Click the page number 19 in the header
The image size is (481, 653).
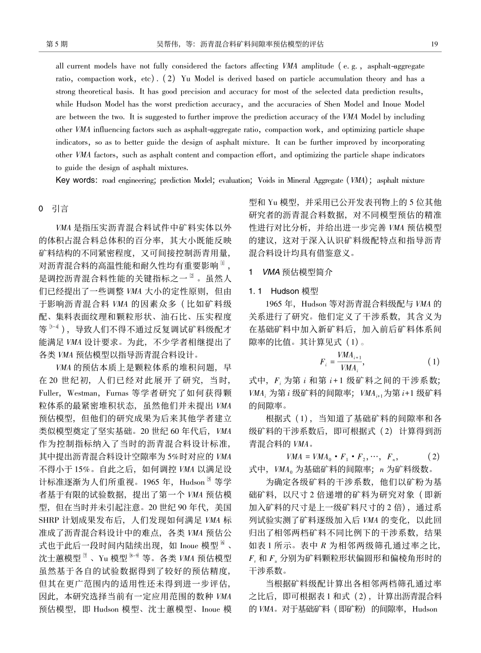[434, 44]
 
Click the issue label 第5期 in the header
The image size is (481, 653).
[57, 44]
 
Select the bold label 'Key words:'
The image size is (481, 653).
[77, 180]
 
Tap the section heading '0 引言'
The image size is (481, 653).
[54, 209]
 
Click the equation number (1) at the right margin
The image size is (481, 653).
[434, 362]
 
